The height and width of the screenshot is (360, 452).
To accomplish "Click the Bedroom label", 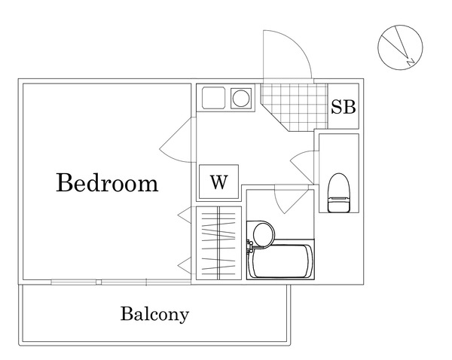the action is click(x=107, y=183).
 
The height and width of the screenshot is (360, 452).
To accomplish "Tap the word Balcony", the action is click(x=154, y=314).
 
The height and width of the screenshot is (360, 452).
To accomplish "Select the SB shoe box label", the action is click(x=343, y=107).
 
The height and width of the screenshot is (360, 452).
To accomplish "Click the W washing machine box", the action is click(x=218, y=182).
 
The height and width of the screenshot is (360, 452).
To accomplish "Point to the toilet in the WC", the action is click(x=338, y=193).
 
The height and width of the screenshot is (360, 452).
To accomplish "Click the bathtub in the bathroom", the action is click(x=280, y=261).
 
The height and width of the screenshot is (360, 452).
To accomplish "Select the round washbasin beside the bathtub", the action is click(x=264, y=234).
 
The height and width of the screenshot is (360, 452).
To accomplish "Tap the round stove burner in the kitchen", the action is click(x=241, y=99).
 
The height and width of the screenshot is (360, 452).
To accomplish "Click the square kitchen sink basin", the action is click(x=214, y=98).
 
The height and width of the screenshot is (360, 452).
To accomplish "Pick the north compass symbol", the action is click(x=400, y=47).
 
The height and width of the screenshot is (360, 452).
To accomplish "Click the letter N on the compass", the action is click(x=411, y=62).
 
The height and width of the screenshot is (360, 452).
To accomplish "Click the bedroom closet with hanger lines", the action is click(x=218, y=243).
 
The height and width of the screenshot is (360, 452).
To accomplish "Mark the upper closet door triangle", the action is click(x=185, y=215).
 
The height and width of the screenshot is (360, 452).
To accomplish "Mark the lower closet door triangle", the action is click(x=185, y=265).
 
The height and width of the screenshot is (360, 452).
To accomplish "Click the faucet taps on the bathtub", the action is click(x=250, y=246).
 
